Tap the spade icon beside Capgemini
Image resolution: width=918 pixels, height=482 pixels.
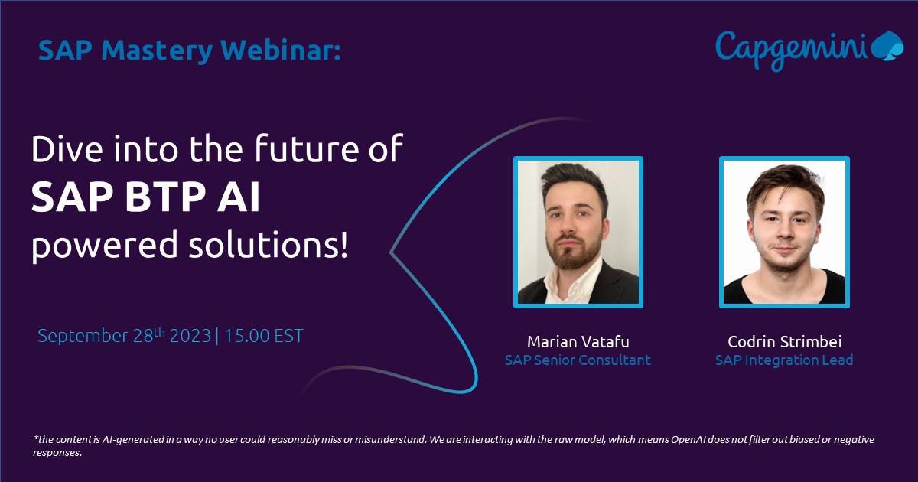pyautogui.click(x=887, y=45)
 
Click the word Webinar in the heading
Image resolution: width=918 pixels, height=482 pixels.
pyautogui.click(x=281, y=50)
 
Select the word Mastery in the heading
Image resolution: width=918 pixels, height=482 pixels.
pyautogui.click(x=157, y=50)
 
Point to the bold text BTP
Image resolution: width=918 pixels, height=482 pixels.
pyautogui.click(x=163, y=197)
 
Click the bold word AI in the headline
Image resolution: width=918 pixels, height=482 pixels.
pyautogui.click(x=239, y=197)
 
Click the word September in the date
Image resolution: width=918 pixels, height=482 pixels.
pyautogui.click(x=83, y=336)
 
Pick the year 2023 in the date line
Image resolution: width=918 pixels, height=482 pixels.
pyautogui.click(x=190, y=336)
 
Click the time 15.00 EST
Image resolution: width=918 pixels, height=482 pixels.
pyautogui.click(x=264, y=336)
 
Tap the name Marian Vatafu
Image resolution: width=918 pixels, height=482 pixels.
pyautogui.click(x=578, y=341)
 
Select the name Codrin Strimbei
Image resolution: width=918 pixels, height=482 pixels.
pyautogui.click(x=784, y=341)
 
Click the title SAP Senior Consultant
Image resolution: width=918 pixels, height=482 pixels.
pyautogui.click(x=578, y=360)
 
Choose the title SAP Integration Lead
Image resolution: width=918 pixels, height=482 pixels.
pyautogui.click(x=784, y=360)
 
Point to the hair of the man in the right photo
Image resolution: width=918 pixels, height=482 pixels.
pyautogui.click(x=785, y=184)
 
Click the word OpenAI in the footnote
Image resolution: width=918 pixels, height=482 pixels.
pyautogui.click(x=688, y=439)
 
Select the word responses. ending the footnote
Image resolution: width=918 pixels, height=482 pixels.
pyautogui.click(x=57, y=453)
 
